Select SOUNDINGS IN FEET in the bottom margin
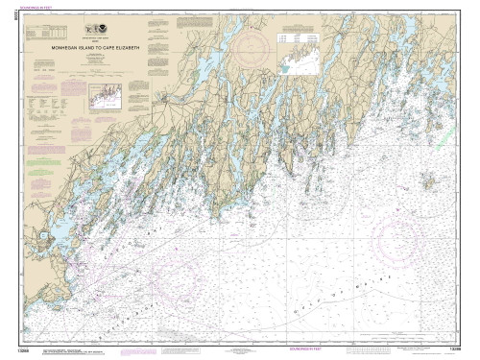pyautogui.click(x=240, y=349)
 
